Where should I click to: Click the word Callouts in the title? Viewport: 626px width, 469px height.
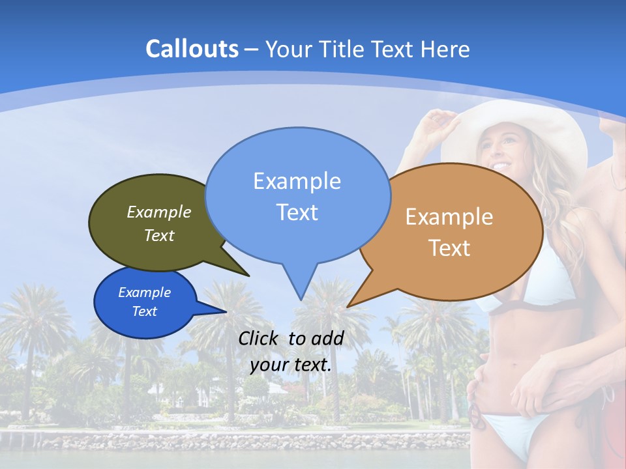pos(192,49)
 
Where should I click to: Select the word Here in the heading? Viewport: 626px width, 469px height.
pos(447,49)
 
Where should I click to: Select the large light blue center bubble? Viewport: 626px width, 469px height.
pos(297,195)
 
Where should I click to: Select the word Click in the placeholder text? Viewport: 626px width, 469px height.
pos(259,338)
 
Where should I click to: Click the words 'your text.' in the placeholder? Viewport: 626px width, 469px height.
pos(291,365)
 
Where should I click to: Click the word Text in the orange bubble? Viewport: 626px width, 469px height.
pos(449,248)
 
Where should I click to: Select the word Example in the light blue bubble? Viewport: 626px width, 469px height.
pos(297,180)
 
